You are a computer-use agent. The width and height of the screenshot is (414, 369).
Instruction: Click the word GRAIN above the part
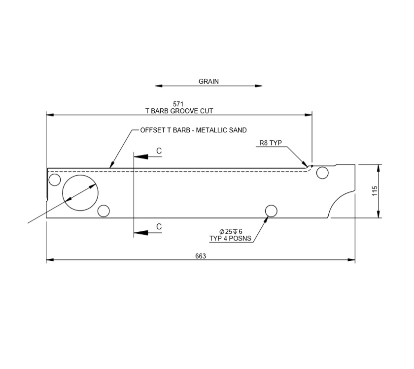(x=208, y=81)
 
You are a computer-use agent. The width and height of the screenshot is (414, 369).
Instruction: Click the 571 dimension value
(x=178, y=104)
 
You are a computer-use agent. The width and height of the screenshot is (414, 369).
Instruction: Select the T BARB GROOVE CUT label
(x=179, y=111)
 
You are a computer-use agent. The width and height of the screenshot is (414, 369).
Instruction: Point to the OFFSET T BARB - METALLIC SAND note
(x=193, y=130)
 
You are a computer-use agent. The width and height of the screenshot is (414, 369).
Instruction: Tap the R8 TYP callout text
(x=270, y=143)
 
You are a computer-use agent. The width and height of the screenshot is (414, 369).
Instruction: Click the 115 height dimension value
(x=375, y=191)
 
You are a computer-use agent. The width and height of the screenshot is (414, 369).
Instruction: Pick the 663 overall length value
(x=200, y=256)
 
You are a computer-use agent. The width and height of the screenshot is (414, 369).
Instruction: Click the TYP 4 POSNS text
(x=231, y=239)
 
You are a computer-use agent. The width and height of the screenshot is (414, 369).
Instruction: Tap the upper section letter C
(x=159, y=150)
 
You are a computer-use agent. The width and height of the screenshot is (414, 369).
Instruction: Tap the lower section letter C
(x=159, y=226)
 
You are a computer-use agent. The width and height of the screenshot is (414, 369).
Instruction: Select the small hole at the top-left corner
(x=55, y=180)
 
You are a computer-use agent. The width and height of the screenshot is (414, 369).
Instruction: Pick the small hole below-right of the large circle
(x=103, y=211)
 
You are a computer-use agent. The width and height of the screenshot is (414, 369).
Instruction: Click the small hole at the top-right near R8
(x=322, y=173)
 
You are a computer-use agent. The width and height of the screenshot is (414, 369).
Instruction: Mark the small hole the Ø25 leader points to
(x=271, y=211)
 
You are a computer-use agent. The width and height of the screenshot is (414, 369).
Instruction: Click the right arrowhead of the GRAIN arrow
(x=259, y=86)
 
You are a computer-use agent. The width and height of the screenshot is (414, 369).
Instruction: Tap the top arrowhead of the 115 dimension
(x=379, y=166)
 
